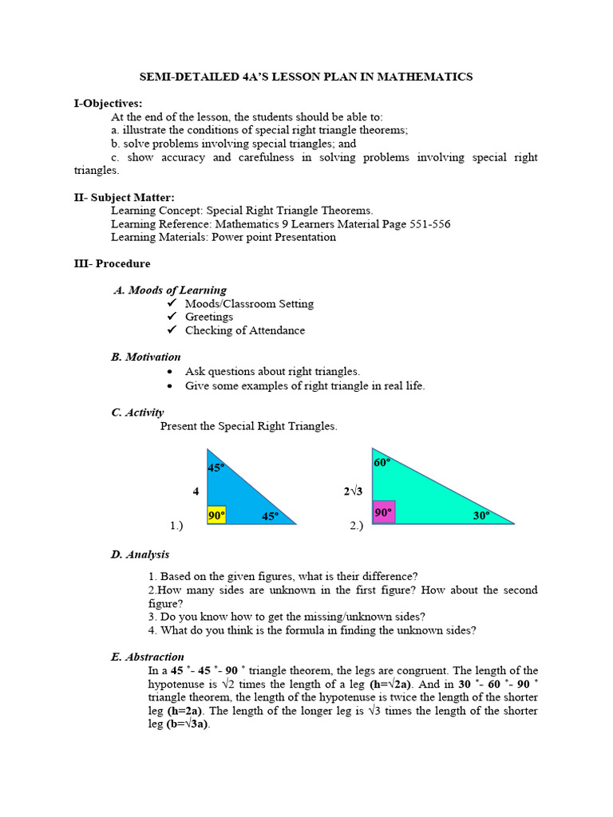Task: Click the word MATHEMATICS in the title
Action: point(424,77)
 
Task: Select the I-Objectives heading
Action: point(109,103)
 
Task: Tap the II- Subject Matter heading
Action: point(124,197)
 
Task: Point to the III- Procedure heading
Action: point(112,263)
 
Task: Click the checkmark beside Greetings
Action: point(172,317)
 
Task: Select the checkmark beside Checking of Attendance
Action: point(172,330)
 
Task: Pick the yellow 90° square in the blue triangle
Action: point(216,515)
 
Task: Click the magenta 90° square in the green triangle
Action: point(383,512)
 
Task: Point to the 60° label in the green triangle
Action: point(382,463)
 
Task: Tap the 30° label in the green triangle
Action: point(481,516)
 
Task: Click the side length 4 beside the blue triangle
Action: point(196,491)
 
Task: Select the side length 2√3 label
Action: point(353,491)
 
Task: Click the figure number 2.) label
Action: point(357,525)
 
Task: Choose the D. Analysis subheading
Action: point(140,555)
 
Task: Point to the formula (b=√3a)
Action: point(188,724)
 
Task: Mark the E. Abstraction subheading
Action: point(148,657)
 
